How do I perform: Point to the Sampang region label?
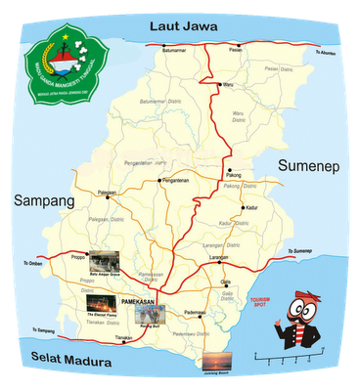pyautogui.click(x=44, y=200)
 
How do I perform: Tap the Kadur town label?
pyautogui.click(x=252, y=208)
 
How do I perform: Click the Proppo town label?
pyautogui.click(x=79, y=259)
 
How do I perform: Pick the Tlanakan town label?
pyautogui.click(x=123, y=338)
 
